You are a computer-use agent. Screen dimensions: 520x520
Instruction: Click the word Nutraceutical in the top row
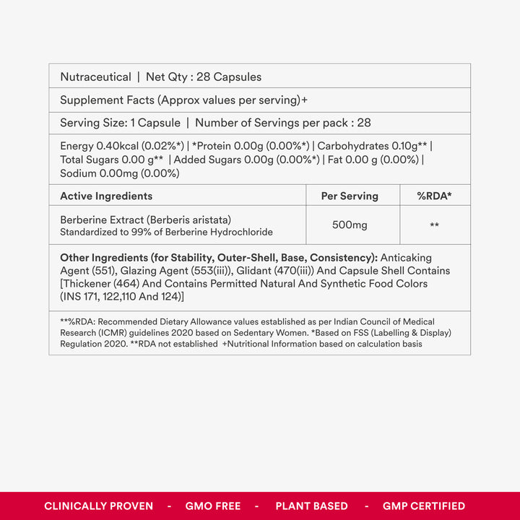click(x=95, y=77)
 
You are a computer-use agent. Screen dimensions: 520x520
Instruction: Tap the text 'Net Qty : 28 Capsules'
click(x=204, y=77)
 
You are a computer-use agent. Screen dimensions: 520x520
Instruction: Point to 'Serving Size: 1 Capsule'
click(x=120, y=123)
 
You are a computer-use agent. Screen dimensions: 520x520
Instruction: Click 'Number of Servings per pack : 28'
click(x=283, y=123)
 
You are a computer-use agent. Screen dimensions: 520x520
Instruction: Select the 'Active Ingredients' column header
click(x=106, y=196)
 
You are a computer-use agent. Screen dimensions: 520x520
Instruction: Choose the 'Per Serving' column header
click(x=350, y=196)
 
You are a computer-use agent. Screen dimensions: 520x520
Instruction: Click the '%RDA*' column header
click(x=434, y=196)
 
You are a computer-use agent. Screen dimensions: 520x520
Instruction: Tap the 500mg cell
click(x=350, y=225)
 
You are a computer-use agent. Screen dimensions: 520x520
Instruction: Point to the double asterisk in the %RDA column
click(x=434, y=226)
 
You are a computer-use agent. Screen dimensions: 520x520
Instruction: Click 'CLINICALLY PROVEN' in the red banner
click(x=98, y=506)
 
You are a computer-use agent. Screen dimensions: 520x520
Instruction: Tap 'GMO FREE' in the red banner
click(x=213, y=506)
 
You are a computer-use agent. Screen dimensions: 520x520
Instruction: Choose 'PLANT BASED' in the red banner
click(x=311, y=506)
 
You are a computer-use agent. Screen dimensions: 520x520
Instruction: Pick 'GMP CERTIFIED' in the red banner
click(x=424, y=506)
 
